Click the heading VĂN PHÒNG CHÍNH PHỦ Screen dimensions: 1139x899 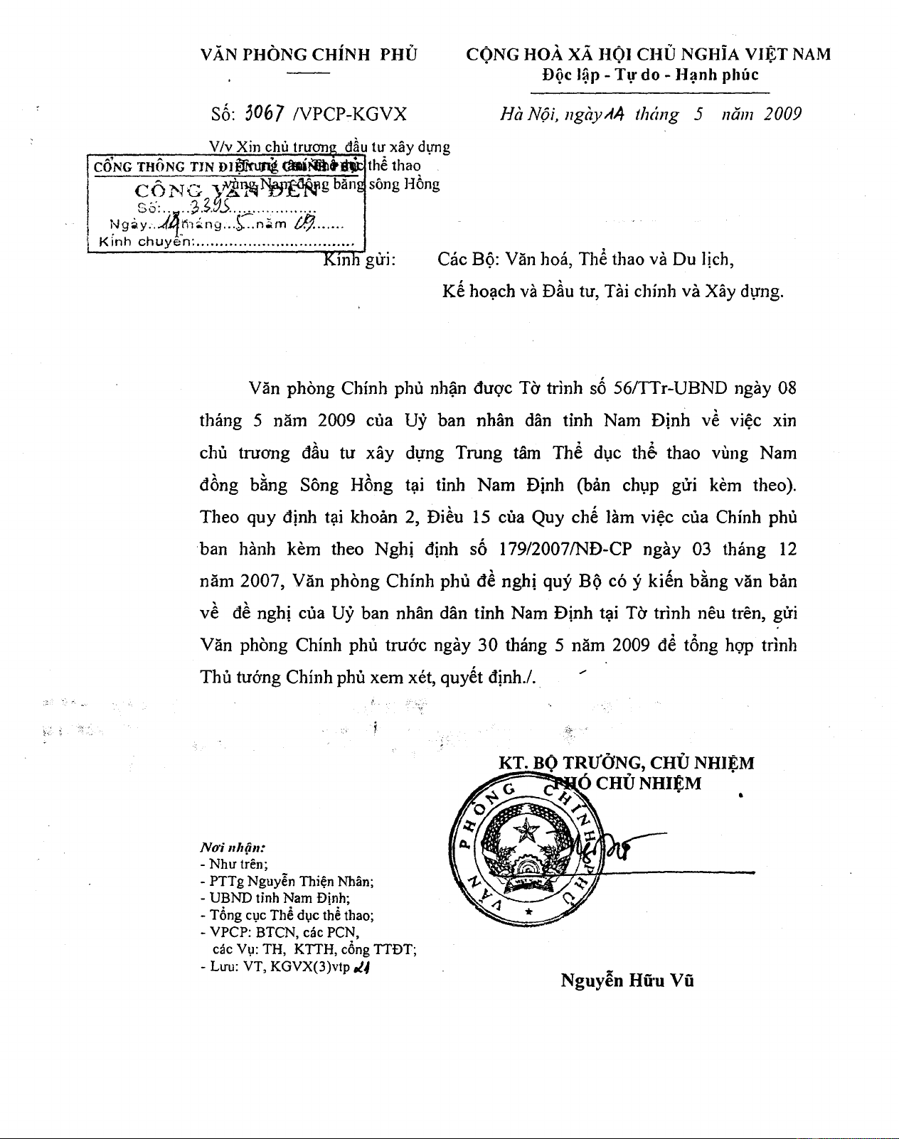coord(309,55)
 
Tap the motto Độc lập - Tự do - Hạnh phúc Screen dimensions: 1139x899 coord(650,75)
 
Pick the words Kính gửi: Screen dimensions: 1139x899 coord(359,260)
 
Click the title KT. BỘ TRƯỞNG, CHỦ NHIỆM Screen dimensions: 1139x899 coord(626,763)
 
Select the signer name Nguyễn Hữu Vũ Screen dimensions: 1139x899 coord(627,980)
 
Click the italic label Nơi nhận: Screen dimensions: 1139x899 coord(233,847)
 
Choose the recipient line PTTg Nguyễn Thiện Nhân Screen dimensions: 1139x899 coord(287,882)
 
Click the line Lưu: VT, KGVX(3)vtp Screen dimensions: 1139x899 coord(282,967)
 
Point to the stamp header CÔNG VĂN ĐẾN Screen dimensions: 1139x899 coord(225,191)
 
